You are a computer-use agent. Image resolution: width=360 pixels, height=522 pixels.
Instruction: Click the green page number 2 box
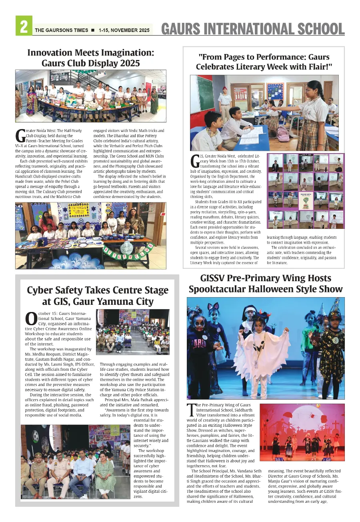(24, 26)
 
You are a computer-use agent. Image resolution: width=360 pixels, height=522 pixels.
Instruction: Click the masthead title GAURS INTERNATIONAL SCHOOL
(253, 29)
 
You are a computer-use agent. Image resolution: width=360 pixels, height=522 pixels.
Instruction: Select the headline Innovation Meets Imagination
(91, 53)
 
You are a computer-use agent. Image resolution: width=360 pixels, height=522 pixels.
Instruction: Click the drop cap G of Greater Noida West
(20, 135)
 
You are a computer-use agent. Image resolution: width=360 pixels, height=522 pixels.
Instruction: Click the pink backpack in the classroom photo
(283, 134)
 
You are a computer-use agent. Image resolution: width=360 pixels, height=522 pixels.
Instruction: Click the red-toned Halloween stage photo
(302, 432)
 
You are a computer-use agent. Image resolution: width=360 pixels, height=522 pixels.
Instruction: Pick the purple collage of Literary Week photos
(305, 191)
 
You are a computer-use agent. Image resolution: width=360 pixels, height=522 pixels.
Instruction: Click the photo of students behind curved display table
(90, 96)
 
